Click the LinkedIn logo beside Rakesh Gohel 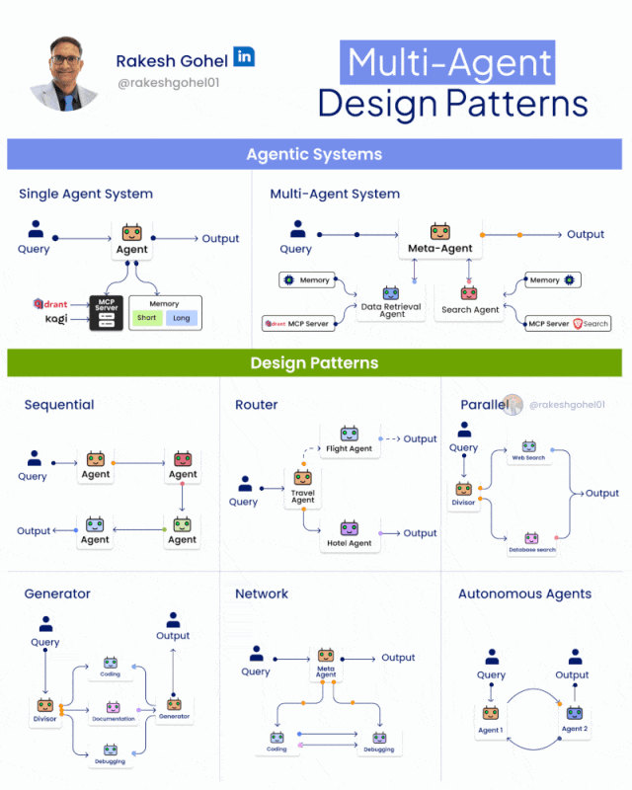[244, 56]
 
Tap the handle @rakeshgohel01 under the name [168, 82]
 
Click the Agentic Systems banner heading [314, 154]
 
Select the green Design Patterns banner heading [314, 362]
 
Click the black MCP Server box [105, 312]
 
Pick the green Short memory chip [147, 318]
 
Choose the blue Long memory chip [182, 318]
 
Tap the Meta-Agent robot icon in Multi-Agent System [440, 231]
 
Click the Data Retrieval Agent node [392, 300]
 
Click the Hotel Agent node [350, 534]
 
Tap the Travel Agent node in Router [302, 486]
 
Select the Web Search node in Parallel [528, 450]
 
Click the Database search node [531, 542]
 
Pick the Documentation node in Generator [113, 710]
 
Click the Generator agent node [174, 707]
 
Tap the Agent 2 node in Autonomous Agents [574, 719]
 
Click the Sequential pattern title [59, 404]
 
